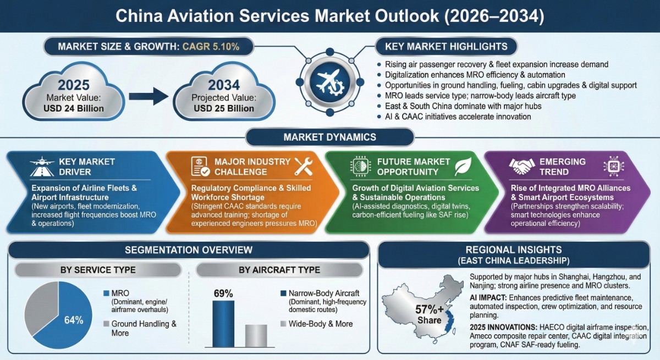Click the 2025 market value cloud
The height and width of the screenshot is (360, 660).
click(x=74, y=95)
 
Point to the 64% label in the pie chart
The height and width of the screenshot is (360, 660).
click(x=73, y=320)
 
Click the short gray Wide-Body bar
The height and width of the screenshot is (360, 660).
click(x=256, y=335)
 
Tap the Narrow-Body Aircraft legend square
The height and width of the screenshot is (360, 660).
click(x=283, y=292)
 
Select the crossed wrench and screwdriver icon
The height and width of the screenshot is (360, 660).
click(x=304, y=165)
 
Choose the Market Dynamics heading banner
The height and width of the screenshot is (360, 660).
click(x=330, y=137)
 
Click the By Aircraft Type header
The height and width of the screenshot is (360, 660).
click(x=279, y=270)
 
